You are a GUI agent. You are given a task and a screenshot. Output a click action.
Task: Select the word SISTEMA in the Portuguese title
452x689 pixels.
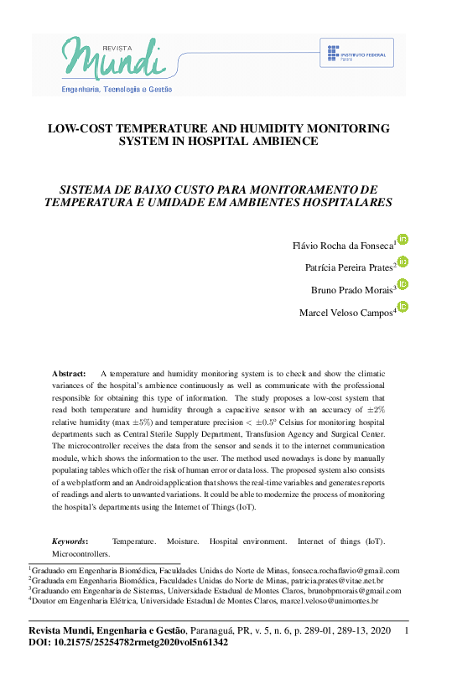tap(84, 189)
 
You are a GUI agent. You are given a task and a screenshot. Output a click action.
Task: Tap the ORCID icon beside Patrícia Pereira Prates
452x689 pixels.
tap(403, 262)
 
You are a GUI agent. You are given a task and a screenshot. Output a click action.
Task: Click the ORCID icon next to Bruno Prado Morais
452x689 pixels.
tap(403, 285)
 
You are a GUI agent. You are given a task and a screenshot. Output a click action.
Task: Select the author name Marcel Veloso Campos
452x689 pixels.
tap(346, 313)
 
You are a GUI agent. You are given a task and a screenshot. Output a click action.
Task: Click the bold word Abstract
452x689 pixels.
tap(69, 373)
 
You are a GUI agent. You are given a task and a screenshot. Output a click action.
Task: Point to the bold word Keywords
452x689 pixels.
tap(70, 541)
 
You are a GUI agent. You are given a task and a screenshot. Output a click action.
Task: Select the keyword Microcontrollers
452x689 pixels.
tap(81, 554)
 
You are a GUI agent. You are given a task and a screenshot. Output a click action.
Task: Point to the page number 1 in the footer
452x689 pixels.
tap(407, 629)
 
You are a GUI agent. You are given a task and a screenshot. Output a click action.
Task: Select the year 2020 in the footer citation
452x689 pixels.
tap(379, 629)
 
